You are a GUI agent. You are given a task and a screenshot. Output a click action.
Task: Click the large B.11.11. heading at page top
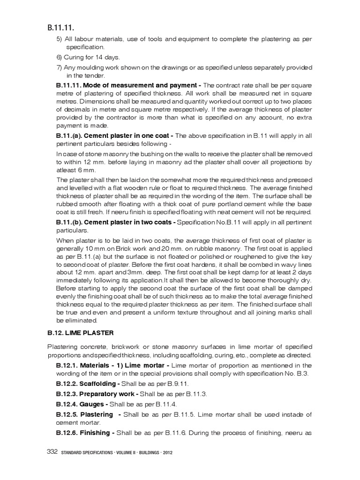click(x=60, y=28)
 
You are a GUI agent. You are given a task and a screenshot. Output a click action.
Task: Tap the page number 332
click(x=52, y=452)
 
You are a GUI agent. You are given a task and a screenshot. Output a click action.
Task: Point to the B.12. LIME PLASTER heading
click(x=80, y=333)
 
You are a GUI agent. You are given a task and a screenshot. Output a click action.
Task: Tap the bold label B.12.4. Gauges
click(x=82, y=404)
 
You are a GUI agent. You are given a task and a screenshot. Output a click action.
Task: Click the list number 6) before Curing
click(x=60, y=57)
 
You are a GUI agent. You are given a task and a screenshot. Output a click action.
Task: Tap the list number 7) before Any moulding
click(x=60, y=67)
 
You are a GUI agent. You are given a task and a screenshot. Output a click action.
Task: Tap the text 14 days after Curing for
click(x=106, y=57)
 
